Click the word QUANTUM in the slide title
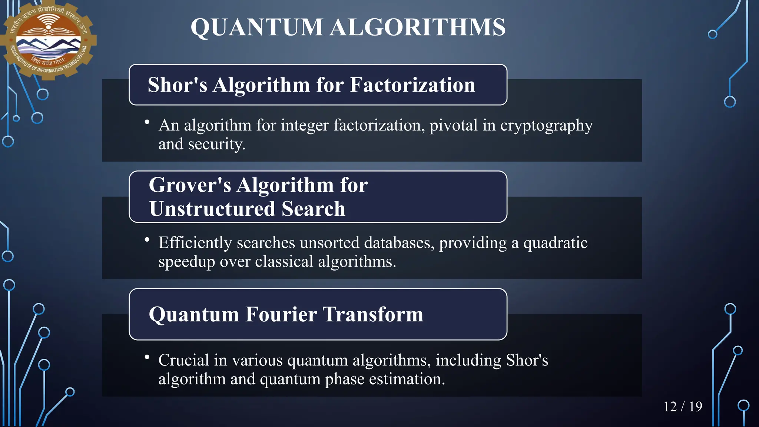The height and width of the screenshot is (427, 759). (257, 27)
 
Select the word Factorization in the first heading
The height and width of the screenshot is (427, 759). (412, 85)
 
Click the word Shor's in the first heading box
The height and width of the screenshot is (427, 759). (177, 85)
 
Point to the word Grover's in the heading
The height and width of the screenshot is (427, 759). (190, 185)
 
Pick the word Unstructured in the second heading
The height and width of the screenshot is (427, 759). (212, 208)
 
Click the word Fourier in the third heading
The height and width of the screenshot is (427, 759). (281, 314)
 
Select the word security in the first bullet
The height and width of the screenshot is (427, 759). (216, 144)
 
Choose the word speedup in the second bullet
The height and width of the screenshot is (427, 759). (187, 262)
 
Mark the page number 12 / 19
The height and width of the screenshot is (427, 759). (683, 407)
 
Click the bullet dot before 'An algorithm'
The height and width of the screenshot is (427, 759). (147, 122)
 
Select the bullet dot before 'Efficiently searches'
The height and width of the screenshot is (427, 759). (147, 240)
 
